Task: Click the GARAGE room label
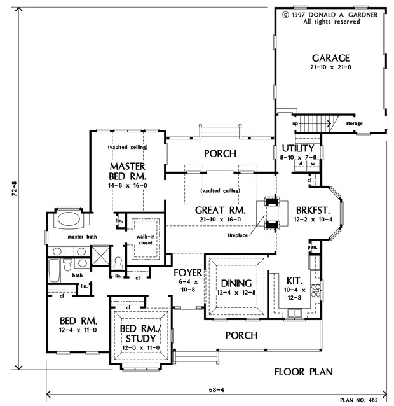[330, 58]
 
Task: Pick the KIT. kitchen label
[293, 279]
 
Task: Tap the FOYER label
[187, 272]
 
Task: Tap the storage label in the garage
[355, 123]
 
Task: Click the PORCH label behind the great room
[220, 153]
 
